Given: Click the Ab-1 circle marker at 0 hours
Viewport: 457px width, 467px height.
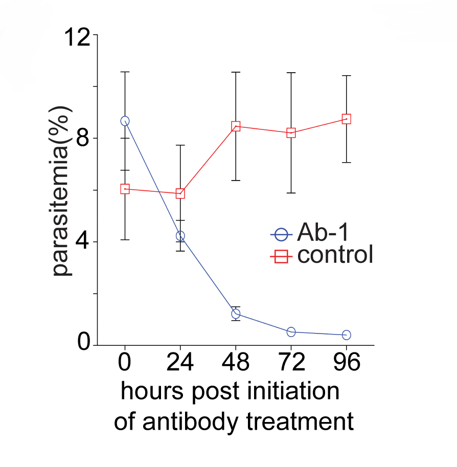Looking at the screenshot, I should (x=125, y=121).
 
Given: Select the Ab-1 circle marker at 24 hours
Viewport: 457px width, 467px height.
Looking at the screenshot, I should (x=180, y=236).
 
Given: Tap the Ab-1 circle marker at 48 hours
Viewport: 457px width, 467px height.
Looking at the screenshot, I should (x=236, y=314).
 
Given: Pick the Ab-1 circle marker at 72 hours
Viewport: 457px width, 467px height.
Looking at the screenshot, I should (x=291, y=332).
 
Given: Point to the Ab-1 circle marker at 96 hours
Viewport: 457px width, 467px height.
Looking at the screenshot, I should (x=346, y=335).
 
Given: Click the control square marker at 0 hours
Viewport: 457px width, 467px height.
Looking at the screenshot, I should (x=125, y=189).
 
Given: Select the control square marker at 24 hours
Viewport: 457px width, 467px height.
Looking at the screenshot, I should (x=180, y=193).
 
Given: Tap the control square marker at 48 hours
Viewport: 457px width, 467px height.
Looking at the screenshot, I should (x=236, y=126).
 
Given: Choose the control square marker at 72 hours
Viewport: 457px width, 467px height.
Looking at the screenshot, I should (x=291, y=133).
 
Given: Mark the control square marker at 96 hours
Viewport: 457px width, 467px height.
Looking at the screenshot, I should (x=346, y=119).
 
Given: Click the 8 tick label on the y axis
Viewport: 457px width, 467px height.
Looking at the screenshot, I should (x=83, y=138).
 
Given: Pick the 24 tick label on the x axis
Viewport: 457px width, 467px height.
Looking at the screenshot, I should (x=180, y=363).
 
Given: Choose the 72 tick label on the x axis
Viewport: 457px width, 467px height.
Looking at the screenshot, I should (x=291, y=363).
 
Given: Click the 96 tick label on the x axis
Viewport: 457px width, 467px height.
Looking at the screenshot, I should (x=346, y=363).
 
